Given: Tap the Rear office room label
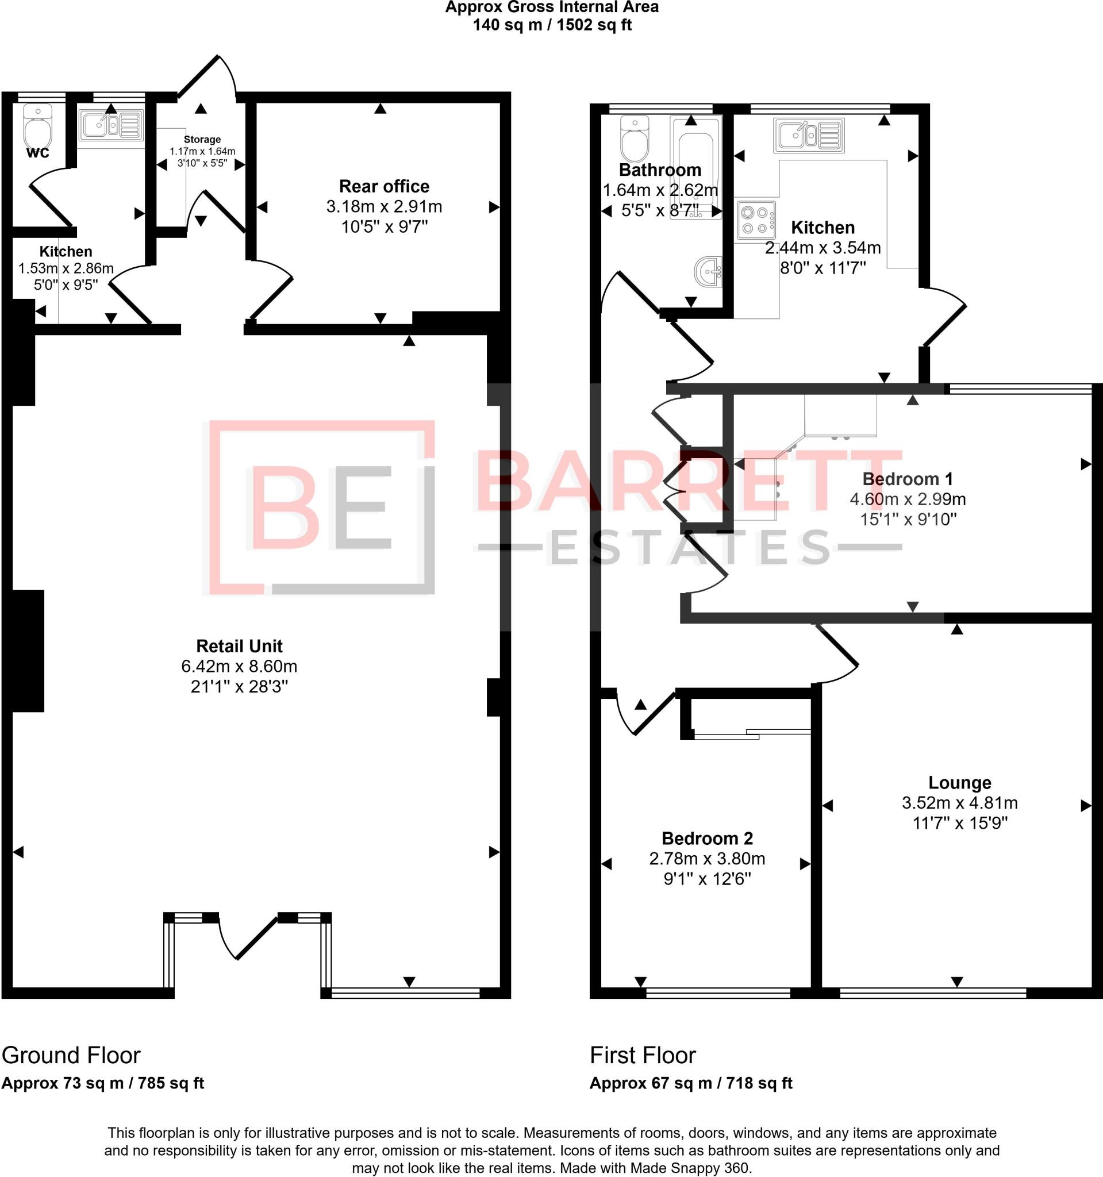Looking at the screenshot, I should [383, 187].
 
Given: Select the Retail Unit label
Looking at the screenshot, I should [239, 646].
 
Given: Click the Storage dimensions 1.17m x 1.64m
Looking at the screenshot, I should [202, 152].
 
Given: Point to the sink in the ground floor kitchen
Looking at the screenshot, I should [111, 125].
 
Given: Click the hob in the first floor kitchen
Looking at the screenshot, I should [756, 220].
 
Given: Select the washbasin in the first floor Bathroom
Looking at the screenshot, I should [709, 272].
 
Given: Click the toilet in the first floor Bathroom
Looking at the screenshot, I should [635, 139].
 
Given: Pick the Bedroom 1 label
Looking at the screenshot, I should [908, 478].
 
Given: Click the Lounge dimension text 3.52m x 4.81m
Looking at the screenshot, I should [959, 803].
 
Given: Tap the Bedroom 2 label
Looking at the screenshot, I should [707, 838].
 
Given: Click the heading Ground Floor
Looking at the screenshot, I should [71, 1055].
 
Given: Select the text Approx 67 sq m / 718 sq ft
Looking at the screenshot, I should [690, 1083].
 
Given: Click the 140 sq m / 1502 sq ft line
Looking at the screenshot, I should [552, 25].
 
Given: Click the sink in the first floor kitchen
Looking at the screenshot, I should [808, 135].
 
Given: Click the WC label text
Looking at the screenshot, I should [38, 153].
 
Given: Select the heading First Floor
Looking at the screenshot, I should [643, 1055].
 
